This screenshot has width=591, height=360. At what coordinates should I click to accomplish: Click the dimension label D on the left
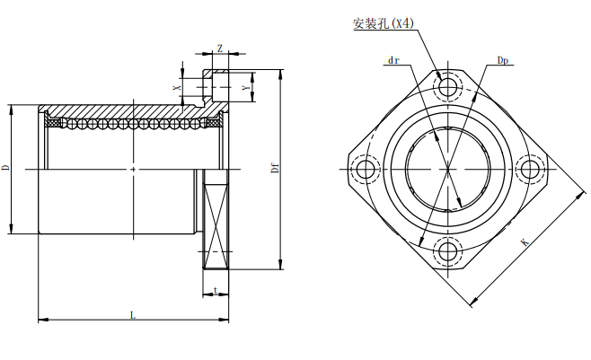[5, 168]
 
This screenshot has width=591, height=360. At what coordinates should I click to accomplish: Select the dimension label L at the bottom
[133, 315]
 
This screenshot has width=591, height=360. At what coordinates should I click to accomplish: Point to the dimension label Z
[220, 49]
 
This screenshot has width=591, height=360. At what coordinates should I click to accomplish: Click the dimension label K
[525, 241]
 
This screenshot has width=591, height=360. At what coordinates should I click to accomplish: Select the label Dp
[503, 60]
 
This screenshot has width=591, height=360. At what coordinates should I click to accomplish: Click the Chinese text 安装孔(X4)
[383, 24]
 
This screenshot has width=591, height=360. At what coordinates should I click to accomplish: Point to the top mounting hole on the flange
[448, 87]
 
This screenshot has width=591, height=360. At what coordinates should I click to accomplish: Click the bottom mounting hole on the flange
[448, 250]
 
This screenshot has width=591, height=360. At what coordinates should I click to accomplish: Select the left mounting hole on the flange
[366, 169]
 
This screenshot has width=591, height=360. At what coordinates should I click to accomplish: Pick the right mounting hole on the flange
[530, 169]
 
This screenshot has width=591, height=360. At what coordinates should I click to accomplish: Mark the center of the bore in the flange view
[448, 169]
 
